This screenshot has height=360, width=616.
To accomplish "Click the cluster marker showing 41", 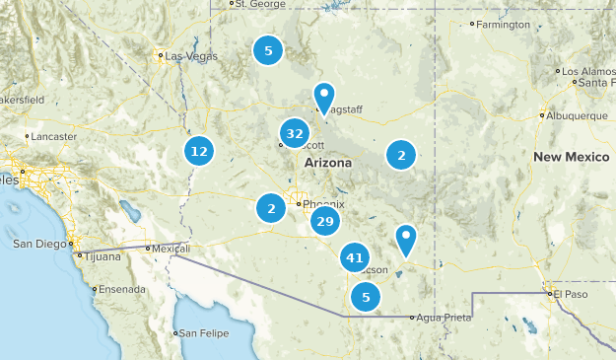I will [x=354, y=258].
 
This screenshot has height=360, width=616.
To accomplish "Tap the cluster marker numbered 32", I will [x=294, y=133].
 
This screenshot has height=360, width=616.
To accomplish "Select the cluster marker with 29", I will [x=325, y=221].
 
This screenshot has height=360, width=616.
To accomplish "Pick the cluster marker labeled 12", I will [x=200, y=151].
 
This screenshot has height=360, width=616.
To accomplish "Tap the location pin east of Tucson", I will [x=405, y=238].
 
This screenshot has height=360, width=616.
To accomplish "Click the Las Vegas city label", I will [x=191, y=56].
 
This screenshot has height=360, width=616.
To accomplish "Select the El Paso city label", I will [x=569, y=293].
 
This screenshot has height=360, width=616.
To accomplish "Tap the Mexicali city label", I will [x=168, y=249].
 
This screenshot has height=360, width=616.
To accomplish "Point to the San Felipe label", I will [x=204, y=333].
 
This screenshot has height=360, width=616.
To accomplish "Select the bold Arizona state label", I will [x=328, y=162].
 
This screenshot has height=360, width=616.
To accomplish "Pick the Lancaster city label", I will [x=54, y=136].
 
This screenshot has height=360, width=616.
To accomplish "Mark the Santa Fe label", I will [x=597, y=83].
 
